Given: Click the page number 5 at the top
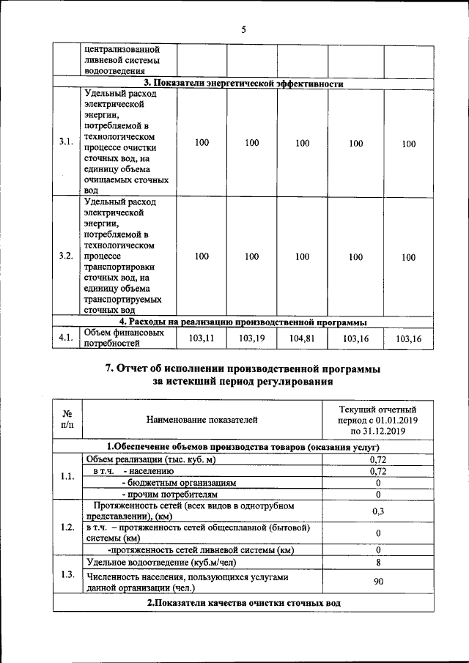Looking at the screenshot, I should [x=243, y=29].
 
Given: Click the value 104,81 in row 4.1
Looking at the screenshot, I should [x=302, y=338].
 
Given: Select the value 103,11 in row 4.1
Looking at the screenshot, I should [x=202, y=338].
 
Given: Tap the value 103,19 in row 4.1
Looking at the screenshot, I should [x=251, y=338].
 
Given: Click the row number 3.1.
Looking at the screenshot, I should [x=65, y=143].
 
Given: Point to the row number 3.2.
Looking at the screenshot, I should [x=65, y=256].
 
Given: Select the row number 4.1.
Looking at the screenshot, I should [x=65, y=338].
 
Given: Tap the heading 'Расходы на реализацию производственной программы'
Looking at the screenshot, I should [x=243, y=321].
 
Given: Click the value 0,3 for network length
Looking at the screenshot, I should [x=377, y=511].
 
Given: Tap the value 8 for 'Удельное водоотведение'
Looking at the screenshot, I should [x=377, y=563].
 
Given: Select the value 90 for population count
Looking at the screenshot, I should [x=377, y=582].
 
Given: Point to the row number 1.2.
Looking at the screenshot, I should [x=67, y=527].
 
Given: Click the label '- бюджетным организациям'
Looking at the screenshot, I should [x=179, y=484].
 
